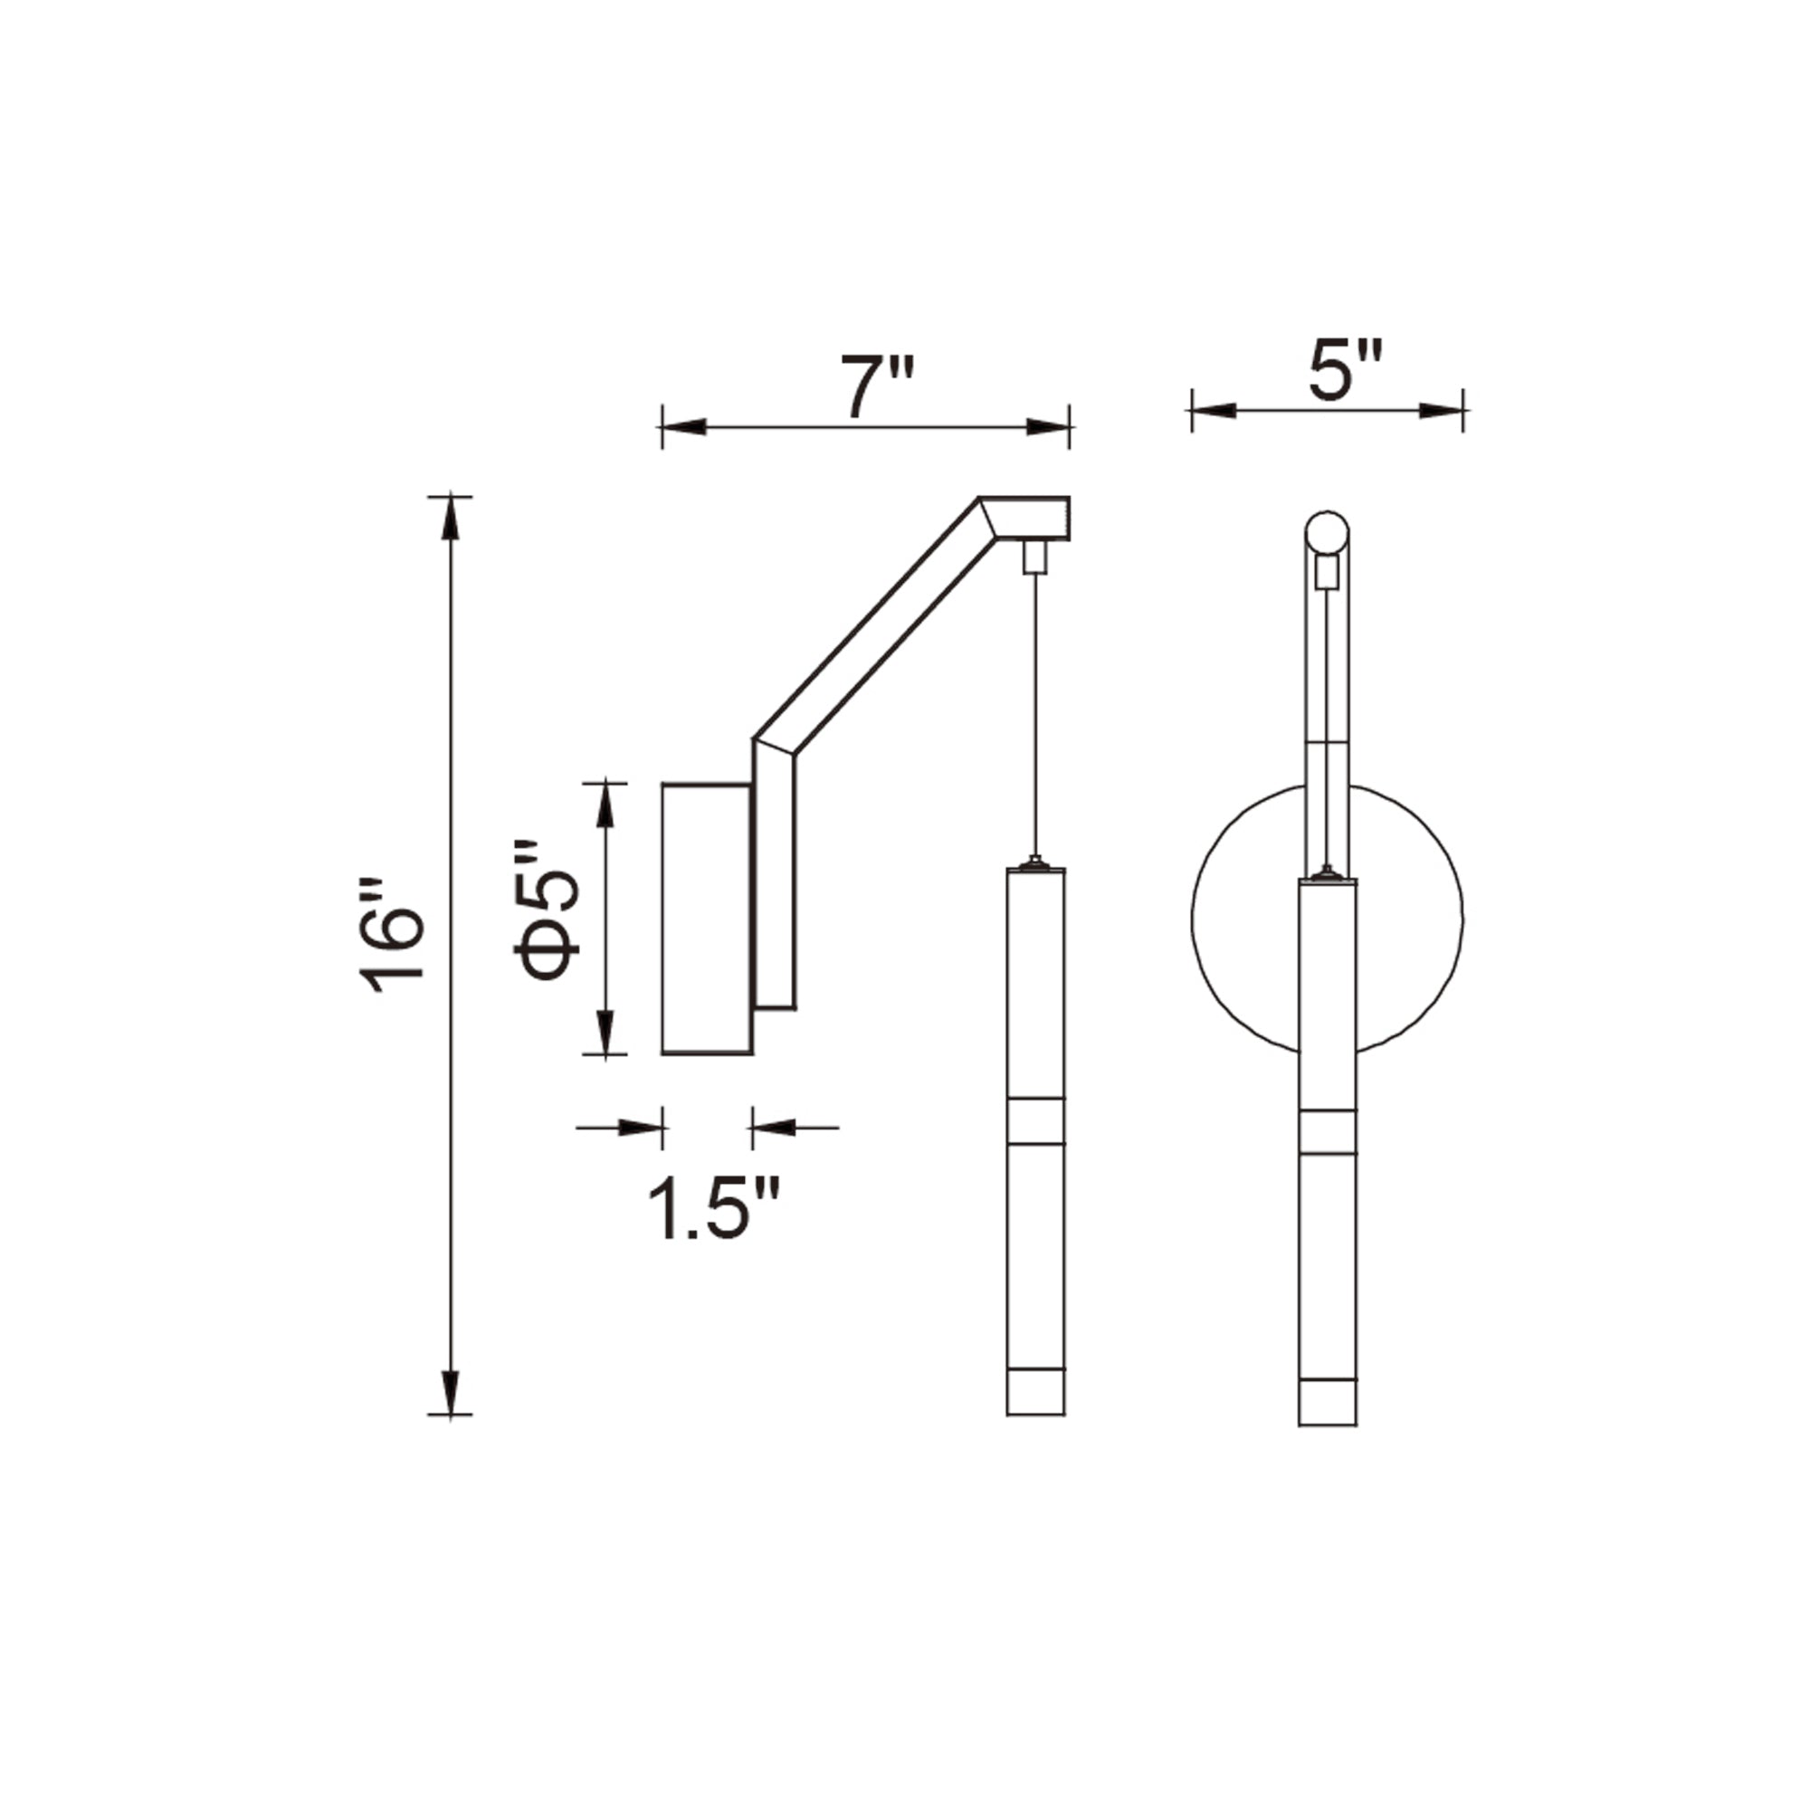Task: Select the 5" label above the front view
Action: [x=1345, y=371]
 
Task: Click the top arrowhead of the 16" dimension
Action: [x=451, y=519]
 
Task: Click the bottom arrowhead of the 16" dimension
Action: [x=451, y=1389]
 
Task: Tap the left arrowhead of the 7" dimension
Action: [x=684, y=427]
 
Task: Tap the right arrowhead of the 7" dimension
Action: [x=1047, y=427]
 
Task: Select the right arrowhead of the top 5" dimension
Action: [x=1441, y=410]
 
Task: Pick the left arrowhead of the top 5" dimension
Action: [x=1215, y=410]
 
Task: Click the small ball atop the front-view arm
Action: [x=1327, y=533]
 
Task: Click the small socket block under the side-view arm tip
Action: [x=1034, y=557]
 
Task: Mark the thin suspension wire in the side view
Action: [x=1035, y=712]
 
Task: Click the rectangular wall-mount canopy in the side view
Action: [x=707, y=918]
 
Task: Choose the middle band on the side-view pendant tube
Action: [x=1035, y=1120]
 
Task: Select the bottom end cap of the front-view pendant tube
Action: [x=1328, y=1403]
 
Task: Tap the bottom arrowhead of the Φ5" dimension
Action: [x=606, y=1031]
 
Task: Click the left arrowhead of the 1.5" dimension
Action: [x=641, y=1127]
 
